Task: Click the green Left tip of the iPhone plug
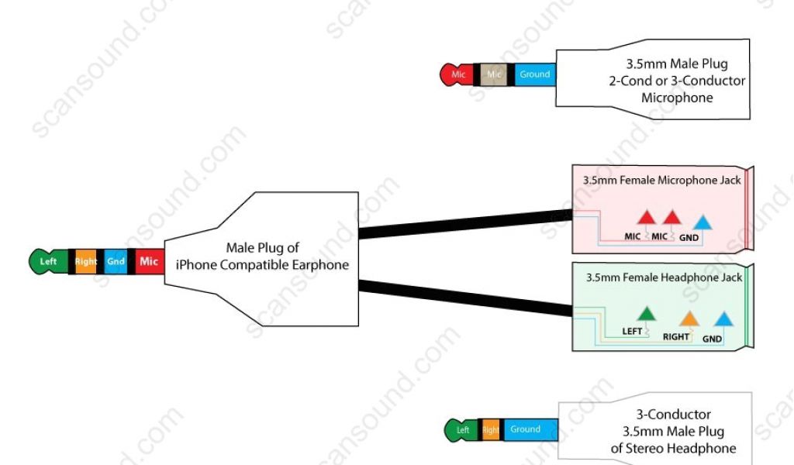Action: point(47,262)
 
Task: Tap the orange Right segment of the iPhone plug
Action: point(86,262)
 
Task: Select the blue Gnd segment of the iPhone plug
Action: point(116,262)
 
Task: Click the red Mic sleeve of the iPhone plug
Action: point(148,262)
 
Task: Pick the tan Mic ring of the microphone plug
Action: point(495,74)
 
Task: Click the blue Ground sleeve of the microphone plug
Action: point(534,74)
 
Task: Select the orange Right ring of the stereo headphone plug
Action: point(491,430)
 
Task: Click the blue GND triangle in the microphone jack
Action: point(702,222)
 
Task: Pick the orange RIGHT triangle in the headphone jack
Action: point(688,319)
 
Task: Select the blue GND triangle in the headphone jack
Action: point(723,319)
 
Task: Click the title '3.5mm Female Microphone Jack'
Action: point(661,181)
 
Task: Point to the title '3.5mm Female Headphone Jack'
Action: point(664,277)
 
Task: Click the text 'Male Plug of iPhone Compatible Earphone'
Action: point(262,257)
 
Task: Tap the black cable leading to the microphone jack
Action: point(465,223)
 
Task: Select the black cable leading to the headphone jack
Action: point(465,298)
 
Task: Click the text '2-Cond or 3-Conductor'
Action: point(677,81)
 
